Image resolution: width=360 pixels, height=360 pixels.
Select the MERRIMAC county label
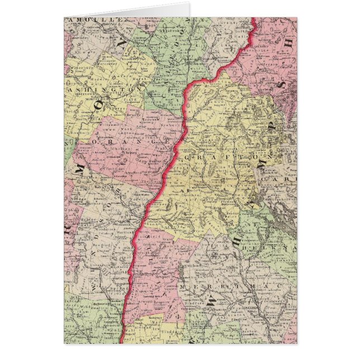coord(235,289)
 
